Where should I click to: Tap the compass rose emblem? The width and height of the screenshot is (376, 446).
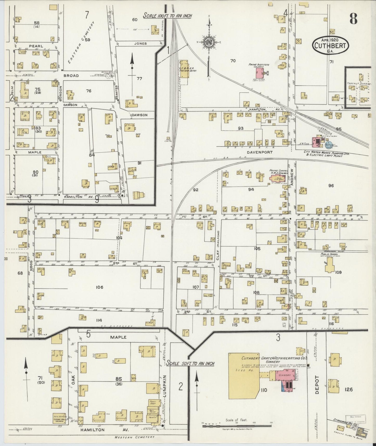pyautogui.click(x=209, y=43)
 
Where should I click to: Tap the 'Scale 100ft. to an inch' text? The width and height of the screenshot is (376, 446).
pyautogui.click(x=168, y=16)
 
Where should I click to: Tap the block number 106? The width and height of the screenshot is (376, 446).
pyautogui.click(x=99, y=287)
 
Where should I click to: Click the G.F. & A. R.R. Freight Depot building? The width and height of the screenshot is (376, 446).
pyautogui.click(x=184, y=69)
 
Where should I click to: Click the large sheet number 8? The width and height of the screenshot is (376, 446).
pyautogui.click(x=353, y=18)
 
